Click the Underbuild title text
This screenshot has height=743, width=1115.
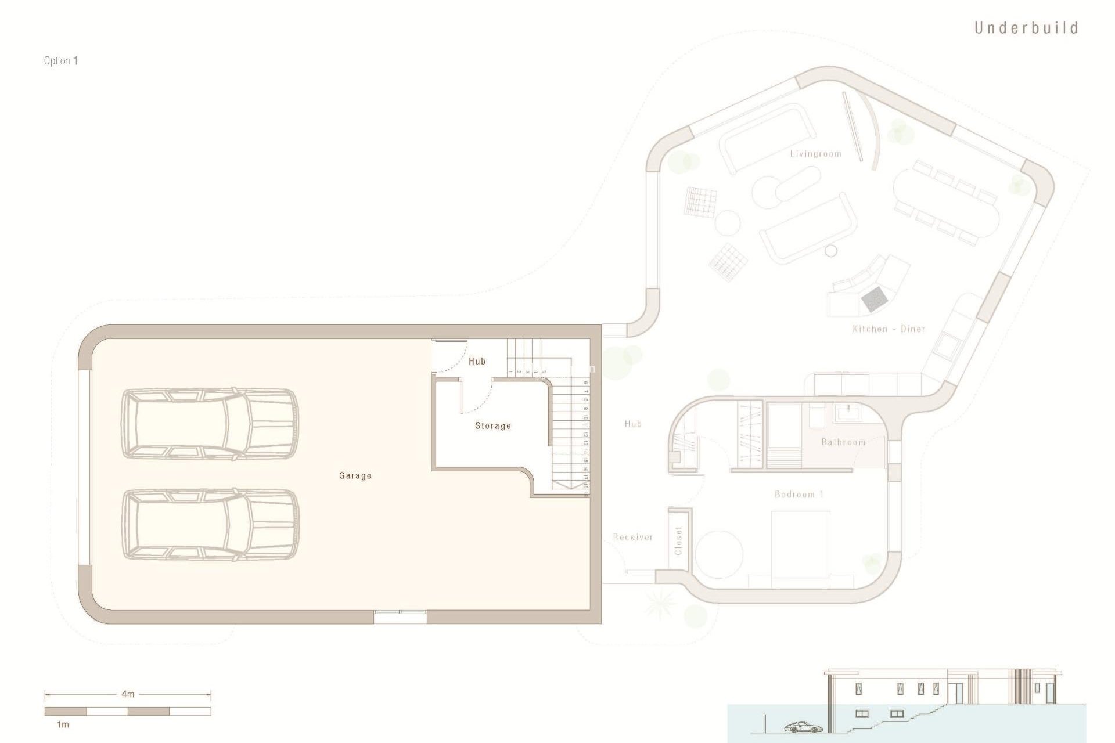click(1026, 28)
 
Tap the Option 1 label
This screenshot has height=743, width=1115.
click(60, 61)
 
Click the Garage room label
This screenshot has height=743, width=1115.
click(355, 476)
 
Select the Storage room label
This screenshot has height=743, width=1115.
click(493, 426)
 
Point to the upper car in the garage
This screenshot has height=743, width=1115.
click(209, 424)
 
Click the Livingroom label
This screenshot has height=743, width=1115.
click(815, 154)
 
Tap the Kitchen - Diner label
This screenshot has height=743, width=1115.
click(888, 329)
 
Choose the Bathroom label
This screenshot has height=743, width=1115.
click(843, 442)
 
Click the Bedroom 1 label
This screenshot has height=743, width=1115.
click(799, 495)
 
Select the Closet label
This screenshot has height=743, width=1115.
click(679, 540)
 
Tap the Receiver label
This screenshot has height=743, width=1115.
click(632, 538)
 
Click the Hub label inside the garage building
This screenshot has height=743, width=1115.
click(477, 362)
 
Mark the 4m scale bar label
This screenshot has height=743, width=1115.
click(128, 694)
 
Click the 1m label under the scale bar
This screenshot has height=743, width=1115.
click(63, 725)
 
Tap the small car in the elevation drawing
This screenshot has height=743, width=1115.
click(803, 727)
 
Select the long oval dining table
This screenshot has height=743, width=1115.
click(945, 201)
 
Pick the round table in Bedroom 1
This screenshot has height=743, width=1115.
click(719, 554)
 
